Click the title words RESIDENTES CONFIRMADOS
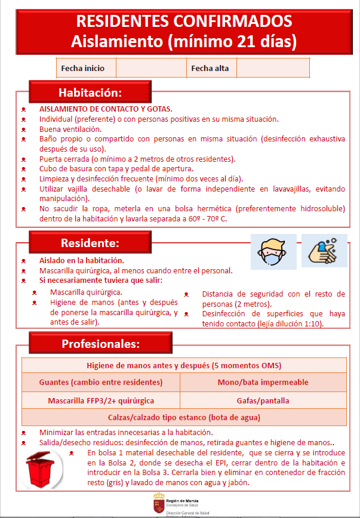click(x=184, y=21)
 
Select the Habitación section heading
click(x=90, y=92)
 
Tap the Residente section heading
click(x=90, y=243)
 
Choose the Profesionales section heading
click(x=100, y=344)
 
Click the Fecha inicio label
click(x=82, y=68)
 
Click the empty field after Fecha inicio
click(x=150, y=68)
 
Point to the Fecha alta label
click(x=210, y=68)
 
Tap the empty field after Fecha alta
click(x=273, y=68)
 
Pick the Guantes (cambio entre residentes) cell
click(x=101, y=382)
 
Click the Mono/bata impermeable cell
click(x=263, y=382)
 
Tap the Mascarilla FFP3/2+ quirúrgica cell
click(x=101, y=400)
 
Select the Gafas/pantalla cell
click(x=263, y=400)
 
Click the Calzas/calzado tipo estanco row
click(x=184, y=417)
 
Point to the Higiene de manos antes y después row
click(x=184, y=365)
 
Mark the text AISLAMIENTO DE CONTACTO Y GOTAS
click(x=106, y=109)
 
